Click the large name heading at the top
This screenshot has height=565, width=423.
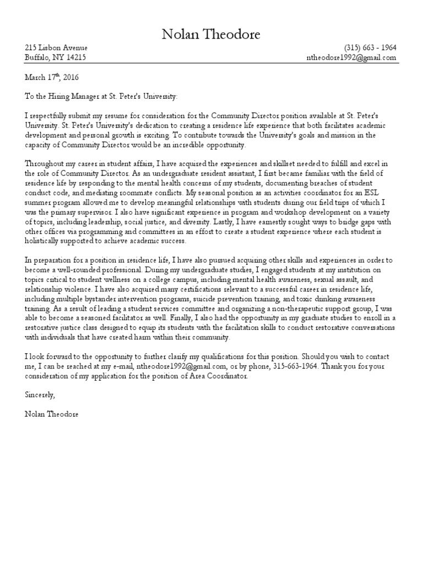pyautogui.click(x=211, y=35)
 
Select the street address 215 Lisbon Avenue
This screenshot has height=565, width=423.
pyautogui.click(x=56, y=48)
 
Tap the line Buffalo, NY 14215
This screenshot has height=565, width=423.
pyautogui.click(x=55, y=57)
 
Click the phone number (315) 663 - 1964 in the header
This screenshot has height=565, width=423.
pyautogui.click(x=370, y=48)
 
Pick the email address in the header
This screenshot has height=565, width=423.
pyautogui.click(x=351, y=57)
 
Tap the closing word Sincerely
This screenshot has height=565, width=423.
pyautogui.click(x=40, y=396)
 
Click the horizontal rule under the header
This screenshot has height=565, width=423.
pyautogui.click(x=211, y=64)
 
